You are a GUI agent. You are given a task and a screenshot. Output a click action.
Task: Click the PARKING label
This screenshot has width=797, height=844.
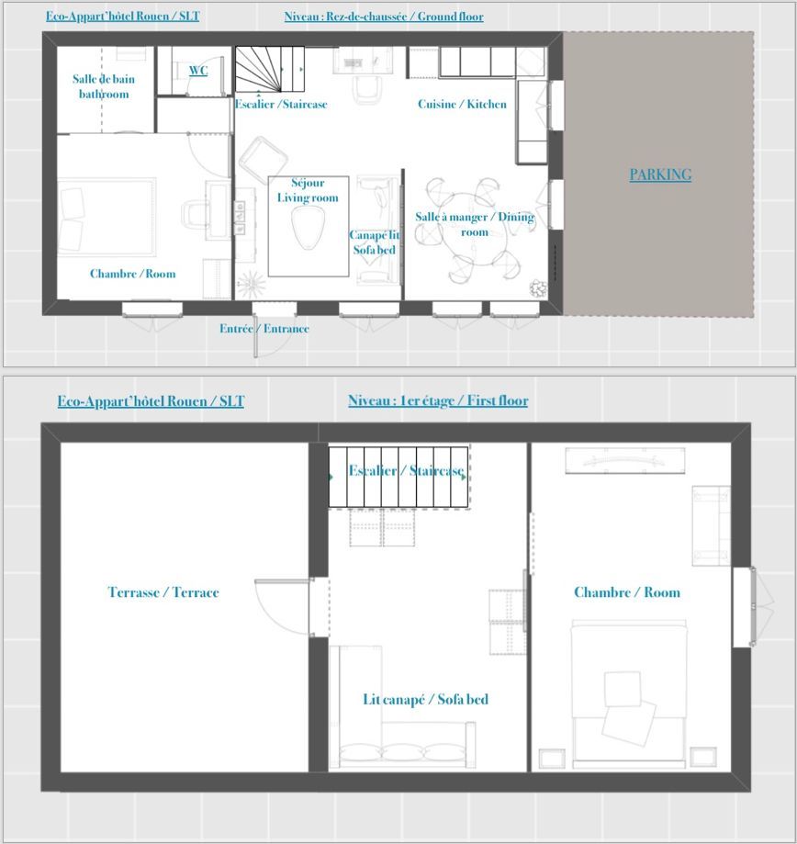pyautogui.click(x=660, y=174)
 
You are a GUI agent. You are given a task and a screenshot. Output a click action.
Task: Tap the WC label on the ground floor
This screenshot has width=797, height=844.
pyautogui.click(x=198, y=71)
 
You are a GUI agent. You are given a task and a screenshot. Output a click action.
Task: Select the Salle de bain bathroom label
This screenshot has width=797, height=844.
pyautogui.click(x=104, y=86)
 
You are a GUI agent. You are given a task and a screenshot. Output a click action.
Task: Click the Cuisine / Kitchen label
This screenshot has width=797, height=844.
pyautogui.click(x=462, y=104)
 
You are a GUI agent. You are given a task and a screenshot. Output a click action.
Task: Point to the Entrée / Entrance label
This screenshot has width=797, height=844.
pyautogui.click(x=264, y=329)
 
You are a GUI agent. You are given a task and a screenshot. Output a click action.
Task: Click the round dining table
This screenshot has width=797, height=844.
pyautogui.click(x=473, y=230)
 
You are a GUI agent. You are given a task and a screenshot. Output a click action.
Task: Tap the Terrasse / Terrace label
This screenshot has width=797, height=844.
pyautogui.click(x=163, y=592)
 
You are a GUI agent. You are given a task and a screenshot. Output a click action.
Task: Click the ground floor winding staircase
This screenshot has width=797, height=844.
pyautogui.click(x=270, y=70)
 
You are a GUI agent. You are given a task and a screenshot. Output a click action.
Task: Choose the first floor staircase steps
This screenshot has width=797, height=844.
pyautogui.click(x=398, y=477)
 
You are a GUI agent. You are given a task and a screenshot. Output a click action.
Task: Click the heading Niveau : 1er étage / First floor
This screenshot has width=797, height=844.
pyautogui.click(x=438, y=400)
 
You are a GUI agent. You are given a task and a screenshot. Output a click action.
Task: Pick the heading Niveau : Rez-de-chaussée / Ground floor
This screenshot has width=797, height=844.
pyautogui.click(x=384, y=17)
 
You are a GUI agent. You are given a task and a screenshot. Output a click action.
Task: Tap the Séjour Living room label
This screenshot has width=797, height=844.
pyautogui.click(x=308, y=190)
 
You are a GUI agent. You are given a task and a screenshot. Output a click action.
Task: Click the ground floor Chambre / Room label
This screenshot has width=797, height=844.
pyautogui.click(x=132, y=274)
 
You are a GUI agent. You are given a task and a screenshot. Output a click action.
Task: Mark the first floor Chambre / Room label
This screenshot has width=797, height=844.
pyautogui.click(x=627, y=592)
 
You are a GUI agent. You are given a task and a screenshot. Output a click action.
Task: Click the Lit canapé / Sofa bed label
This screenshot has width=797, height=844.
pyautogui.click(x=426, y=699)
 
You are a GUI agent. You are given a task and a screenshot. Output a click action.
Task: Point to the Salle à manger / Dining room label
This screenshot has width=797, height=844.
pyautogui.click(x=475, y=224)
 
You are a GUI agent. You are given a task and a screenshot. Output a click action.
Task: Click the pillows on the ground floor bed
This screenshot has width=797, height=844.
pyautogui.click(x=72, y=219)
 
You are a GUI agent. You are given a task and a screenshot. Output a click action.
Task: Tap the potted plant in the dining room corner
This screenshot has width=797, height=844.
pyautogui.click(x=538, y=288)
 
